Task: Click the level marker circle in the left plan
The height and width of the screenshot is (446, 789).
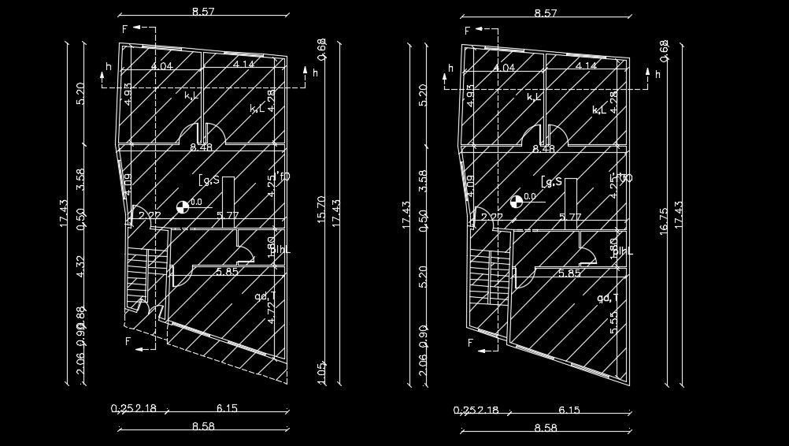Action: pos(183,207)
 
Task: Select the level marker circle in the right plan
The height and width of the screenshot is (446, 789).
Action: pos(517,202)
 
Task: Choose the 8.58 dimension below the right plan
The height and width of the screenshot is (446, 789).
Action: pos(545,428)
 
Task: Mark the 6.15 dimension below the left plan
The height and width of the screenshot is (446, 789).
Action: pos(227,408)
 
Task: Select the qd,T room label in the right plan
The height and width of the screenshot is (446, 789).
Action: pos(606,297)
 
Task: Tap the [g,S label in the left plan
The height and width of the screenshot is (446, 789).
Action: pos(209,180)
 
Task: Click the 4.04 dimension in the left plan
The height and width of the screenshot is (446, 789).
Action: pos(161,66)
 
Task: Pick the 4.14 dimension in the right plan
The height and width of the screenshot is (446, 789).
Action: pos(586,66)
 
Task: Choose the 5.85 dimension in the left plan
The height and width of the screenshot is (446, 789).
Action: pos(228,272)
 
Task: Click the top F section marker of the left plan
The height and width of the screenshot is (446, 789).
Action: pos(124,29)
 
